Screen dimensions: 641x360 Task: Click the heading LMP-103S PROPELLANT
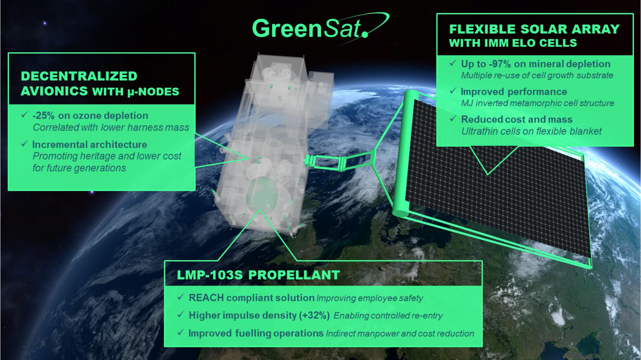coord(258,275)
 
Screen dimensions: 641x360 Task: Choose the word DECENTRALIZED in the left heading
coord(79,76)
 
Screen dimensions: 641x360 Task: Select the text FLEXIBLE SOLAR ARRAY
coord(534,29)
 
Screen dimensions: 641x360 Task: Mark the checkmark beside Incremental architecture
coord(24,144)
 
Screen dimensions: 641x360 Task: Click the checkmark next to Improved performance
coord(453,91)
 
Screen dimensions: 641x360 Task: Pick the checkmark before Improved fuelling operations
coord(180,332)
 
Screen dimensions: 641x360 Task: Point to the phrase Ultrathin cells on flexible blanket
coord(531,131)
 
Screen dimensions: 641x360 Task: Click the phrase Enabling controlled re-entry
coord(388,316)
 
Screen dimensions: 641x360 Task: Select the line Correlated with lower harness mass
coord(111,127)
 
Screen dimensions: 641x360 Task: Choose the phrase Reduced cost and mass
coord(517,119)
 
